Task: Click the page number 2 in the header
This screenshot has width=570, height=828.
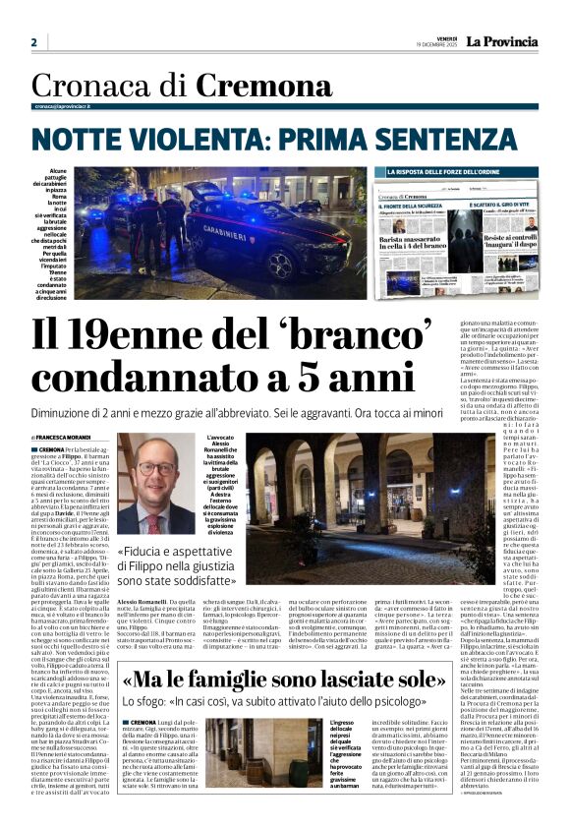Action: pos(33,42)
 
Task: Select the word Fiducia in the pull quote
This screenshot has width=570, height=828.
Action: pos(152,553)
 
